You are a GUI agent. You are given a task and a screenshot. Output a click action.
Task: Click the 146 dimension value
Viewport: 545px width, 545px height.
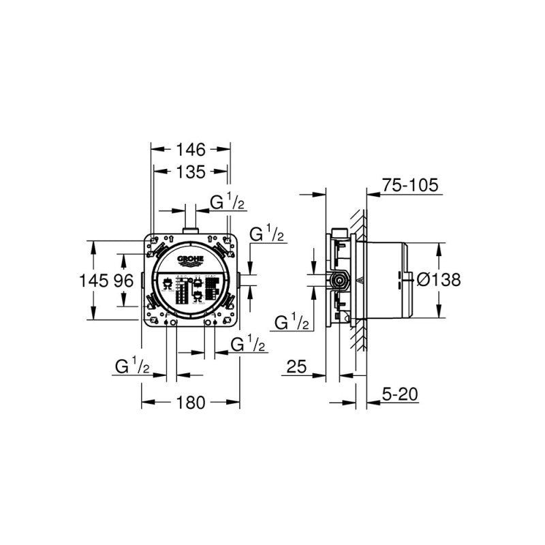pos(191,149)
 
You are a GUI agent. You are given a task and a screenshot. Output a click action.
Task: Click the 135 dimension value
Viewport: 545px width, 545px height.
pos(191,173)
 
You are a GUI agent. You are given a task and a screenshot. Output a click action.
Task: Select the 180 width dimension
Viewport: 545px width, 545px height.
pos(191,403)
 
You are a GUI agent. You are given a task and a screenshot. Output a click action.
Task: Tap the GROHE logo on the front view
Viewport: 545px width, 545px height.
pos(191,262)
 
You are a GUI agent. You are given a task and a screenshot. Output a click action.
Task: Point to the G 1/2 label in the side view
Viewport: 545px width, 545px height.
pos(292,322)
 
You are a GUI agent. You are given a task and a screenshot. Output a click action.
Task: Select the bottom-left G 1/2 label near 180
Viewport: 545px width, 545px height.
pos(132,367)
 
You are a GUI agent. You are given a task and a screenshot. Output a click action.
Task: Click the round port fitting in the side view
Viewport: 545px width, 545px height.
pos(337,279)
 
